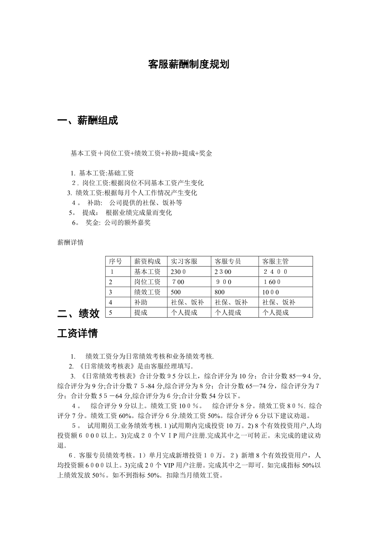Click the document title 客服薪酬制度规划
(x=189, y=65)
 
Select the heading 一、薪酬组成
(x=88, y=121)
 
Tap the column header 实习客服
(x=184, y=261)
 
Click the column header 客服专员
(x=228, y=261)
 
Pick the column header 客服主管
(x=276, y=261)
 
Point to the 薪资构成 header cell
(x=147, y=261)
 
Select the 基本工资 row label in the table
(x=147, y=272)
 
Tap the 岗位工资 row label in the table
(x=147, y=282)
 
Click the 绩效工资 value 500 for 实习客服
(x=176, y=292)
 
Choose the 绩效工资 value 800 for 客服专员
(x=220, y=292)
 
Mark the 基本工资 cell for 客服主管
(x=275, y=272)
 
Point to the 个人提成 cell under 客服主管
(x=276, y=312)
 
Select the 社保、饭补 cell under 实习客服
(x=187, y=302)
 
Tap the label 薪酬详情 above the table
(x=70, y=242)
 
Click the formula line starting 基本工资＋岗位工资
(x=141, y=153)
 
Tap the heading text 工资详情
(x=77, y=333)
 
